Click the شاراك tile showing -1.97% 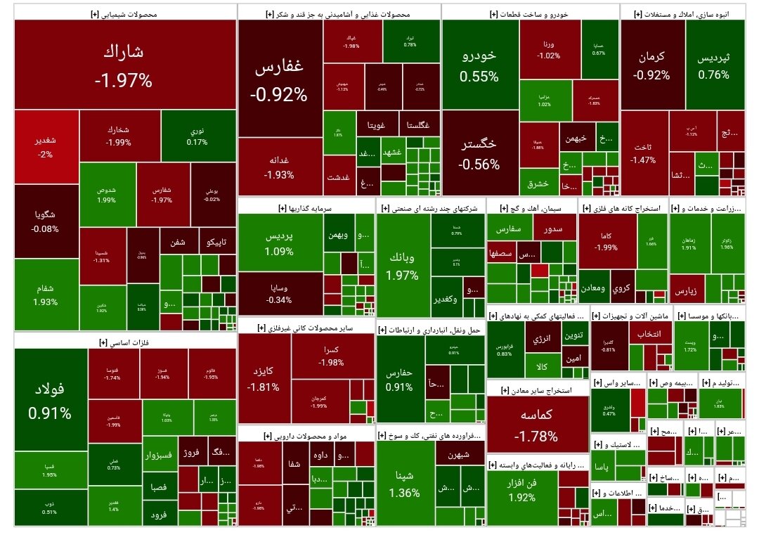pyautogui.click(x=124, y=65)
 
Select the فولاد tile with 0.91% pyautogui.click(x=50, y=400)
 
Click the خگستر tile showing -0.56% pyautogui.click(x=479, y=154)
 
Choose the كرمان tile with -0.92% pyautogui.click(x=651, y=65)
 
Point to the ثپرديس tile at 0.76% pyautogui.click(x=713, y=65)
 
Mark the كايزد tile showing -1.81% pyautogui.click(x=264, y=378)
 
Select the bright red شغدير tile pyautogui.click(x=46, y=146)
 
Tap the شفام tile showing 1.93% pyautogui.click(x=46, y=295)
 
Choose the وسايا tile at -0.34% pyautogui.click(x=280, y=293)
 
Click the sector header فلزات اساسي pyautogui.click(x=124, y=342)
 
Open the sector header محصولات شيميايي pyautogui.click(x=124, y=13)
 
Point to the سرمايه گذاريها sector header pyautogui.click(x=306, y=208)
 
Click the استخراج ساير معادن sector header pyautogui.click(x=538, y=390)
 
